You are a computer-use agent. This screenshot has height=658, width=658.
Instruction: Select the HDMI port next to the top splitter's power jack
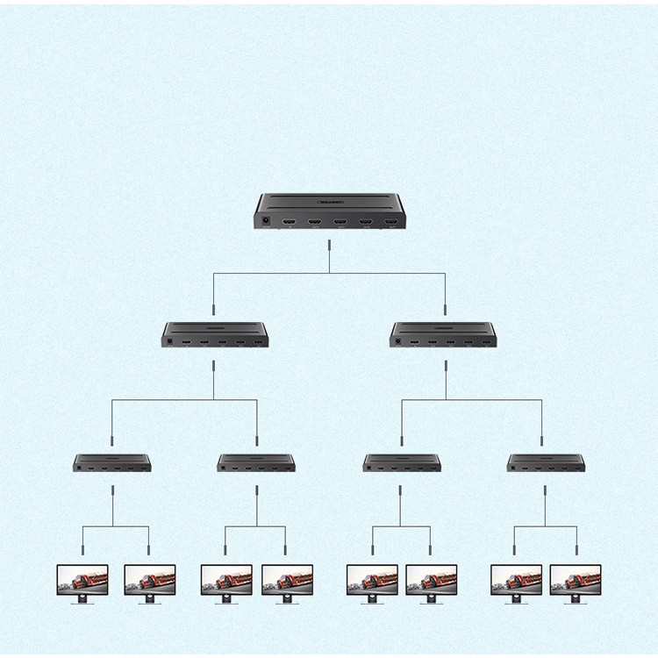290,223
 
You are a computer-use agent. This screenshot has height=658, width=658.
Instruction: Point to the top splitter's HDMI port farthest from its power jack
391,223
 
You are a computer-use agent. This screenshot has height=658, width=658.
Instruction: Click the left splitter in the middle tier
214,334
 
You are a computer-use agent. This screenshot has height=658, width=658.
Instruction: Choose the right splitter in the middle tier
443,334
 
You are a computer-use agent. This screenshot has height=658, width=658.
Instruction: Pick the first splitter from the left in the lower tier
112,462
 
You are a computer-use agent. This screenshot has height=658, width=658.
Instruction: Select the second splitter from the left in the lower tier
256,462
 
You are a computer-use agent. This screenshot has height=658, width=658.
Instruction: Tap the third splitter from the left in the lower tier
402,462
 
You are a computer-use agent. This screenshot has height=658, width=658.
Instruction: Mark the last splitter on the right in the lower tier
546,462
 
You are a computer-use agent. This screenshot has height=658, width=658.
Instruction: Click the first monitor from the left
82,581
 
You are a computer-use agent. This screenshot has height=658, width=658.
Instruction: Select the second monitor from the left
149,581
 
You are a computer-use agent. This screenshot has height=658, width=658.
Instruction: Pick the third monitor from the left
226,581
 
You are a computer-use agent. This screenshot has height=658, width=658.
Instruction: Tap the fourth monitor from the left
286,581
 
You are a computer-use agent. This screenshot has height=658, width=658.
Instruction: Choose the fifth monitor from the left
372,581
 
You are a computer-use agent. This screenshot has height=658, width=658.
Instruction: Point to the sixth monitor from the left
431,581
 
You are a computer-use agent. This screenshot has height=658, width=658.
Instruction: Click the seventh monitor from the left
516,581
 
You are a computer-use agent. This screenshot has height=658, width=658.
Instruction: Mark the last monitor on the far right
576,581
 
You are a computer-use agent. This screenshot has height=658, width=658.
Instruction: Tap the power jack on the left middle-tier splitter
169,340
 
